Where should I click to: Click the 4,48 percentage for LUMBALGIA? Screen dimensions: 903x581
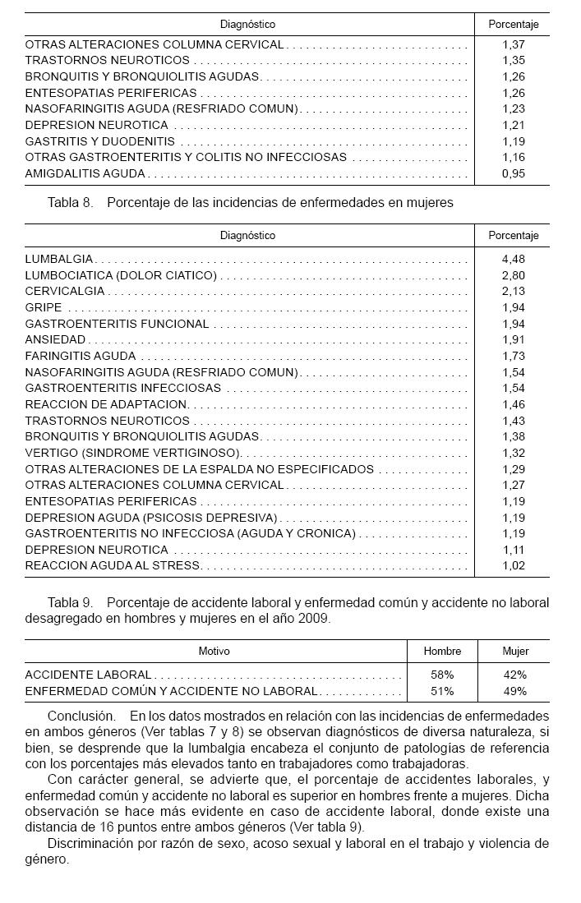click(513, 260)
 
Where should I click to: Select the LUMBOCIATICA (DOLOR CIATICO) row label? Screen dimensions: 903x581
click(121, 275)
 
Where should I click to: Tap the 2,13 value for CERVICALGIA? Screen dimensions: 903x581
click(513, 292)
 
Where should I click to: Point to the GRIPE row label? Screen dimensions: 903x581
click(44, 307)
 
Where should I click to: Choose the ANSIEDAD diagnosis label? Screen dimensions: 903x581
click(55, 339)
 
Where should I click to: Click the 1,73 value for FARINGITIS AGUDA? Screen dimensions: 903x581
click(513, 356)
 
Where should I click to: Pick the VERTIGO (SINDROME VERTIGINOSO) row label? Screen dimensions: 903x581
click(132, 453)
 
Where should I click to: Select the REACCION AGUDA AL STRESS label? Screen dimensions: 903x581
click(113, 565)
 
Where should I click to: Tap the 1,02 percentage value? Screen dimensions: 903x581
click(513, 565)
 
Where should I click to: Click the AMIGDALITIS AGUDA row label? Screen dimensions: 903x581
click(85, 173)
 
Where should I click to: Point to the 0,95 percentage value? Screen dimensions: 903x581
click(513, 173)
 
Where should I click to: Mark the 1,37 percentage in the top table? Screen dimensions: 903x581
click(513, 44)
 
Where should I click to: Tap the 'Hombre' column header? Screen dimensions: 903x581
click(442, 651)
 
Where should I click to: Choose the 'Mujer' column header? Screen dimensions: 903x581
click(515, 651)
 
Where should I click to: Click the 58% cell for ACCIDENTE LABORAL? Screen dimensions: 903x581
click(442, 675)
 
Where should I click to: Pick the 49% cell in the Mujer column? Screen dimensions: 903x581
click(515, 691)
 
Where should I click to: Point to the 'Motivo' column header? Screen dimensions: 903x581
click(214, 651)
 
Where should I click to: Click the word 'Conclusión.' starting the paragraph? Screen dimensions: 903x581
click(81, 716)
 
